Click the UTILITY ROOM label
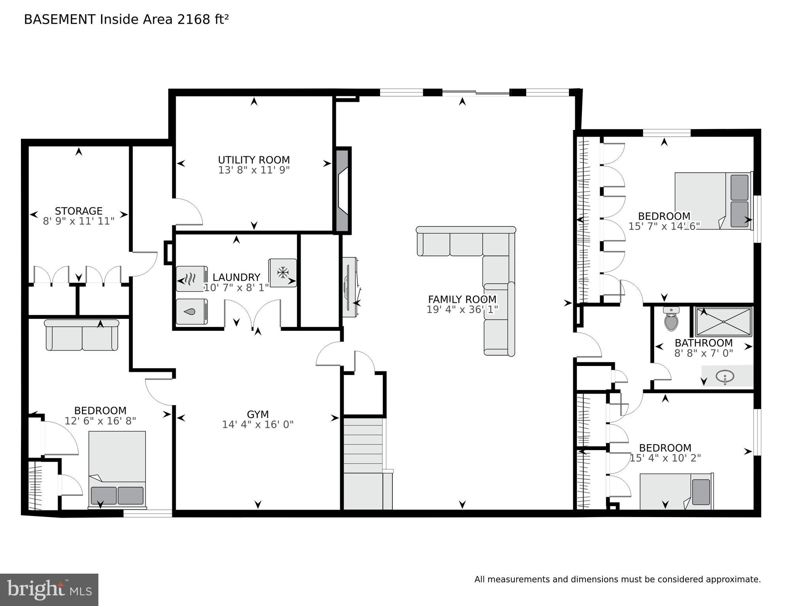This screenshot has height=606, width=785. coord(254,160)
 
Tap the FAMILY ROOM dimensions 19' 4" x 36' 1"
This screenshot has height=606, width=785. coord(462,310)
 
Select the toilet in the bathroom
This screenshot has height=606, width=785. coord(671,319)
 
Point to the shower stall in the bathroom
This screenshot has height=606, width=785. coord(723,322)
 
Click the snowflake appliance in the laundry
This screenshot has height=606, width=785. coord(282,272)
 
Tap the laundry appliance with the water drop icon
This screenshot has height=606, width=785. coord(192,311)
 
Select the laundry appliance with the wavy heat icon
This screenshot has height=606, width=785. coord(191,278)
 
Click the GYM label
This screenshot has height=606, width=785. coord(258,414)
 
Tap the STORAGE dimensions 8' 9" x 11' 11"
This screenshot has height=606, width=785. coord(79,221)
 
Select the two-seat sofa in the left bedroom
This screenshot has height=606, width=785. coord(82,336)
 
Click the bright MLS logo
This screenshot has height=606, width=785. coord(49,589)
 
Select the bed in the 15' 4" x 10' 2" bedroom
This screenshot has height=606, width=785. coord(676,492)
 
